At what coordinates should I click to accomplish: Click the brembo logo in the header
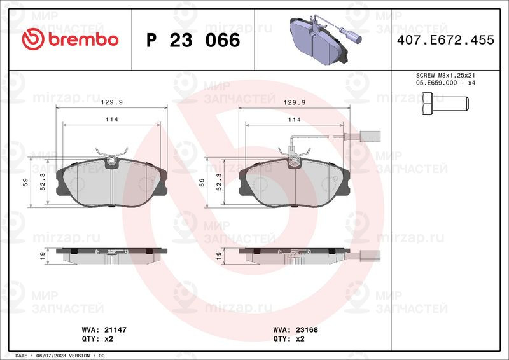pyautogui.click(x=70, y=39)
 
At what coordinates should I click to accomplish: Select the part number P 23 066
pyautogui.click(x=193, y=40)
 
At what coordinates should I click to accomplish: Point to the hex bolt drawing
pyautogui.click(x=445, y=103)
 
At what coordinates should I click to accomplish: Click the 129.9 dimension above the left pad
pyautogui.click(x=111, y=102)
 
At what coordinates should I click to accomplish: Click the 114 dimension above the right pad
pyautogui.click(x=294, y=119)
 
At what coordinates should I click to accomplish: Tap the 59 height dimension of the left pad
pyautogui.click(x=25, y=183)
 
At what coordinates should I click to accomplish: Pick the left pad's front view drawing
pyautogui.click(x=111, y=183)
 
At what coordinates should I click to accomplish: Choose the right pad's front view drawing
pyautogui.click(x=293, y=183)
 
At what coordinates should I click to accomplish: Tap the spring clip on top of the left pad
pyautogui.click(x=111, y=153)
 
